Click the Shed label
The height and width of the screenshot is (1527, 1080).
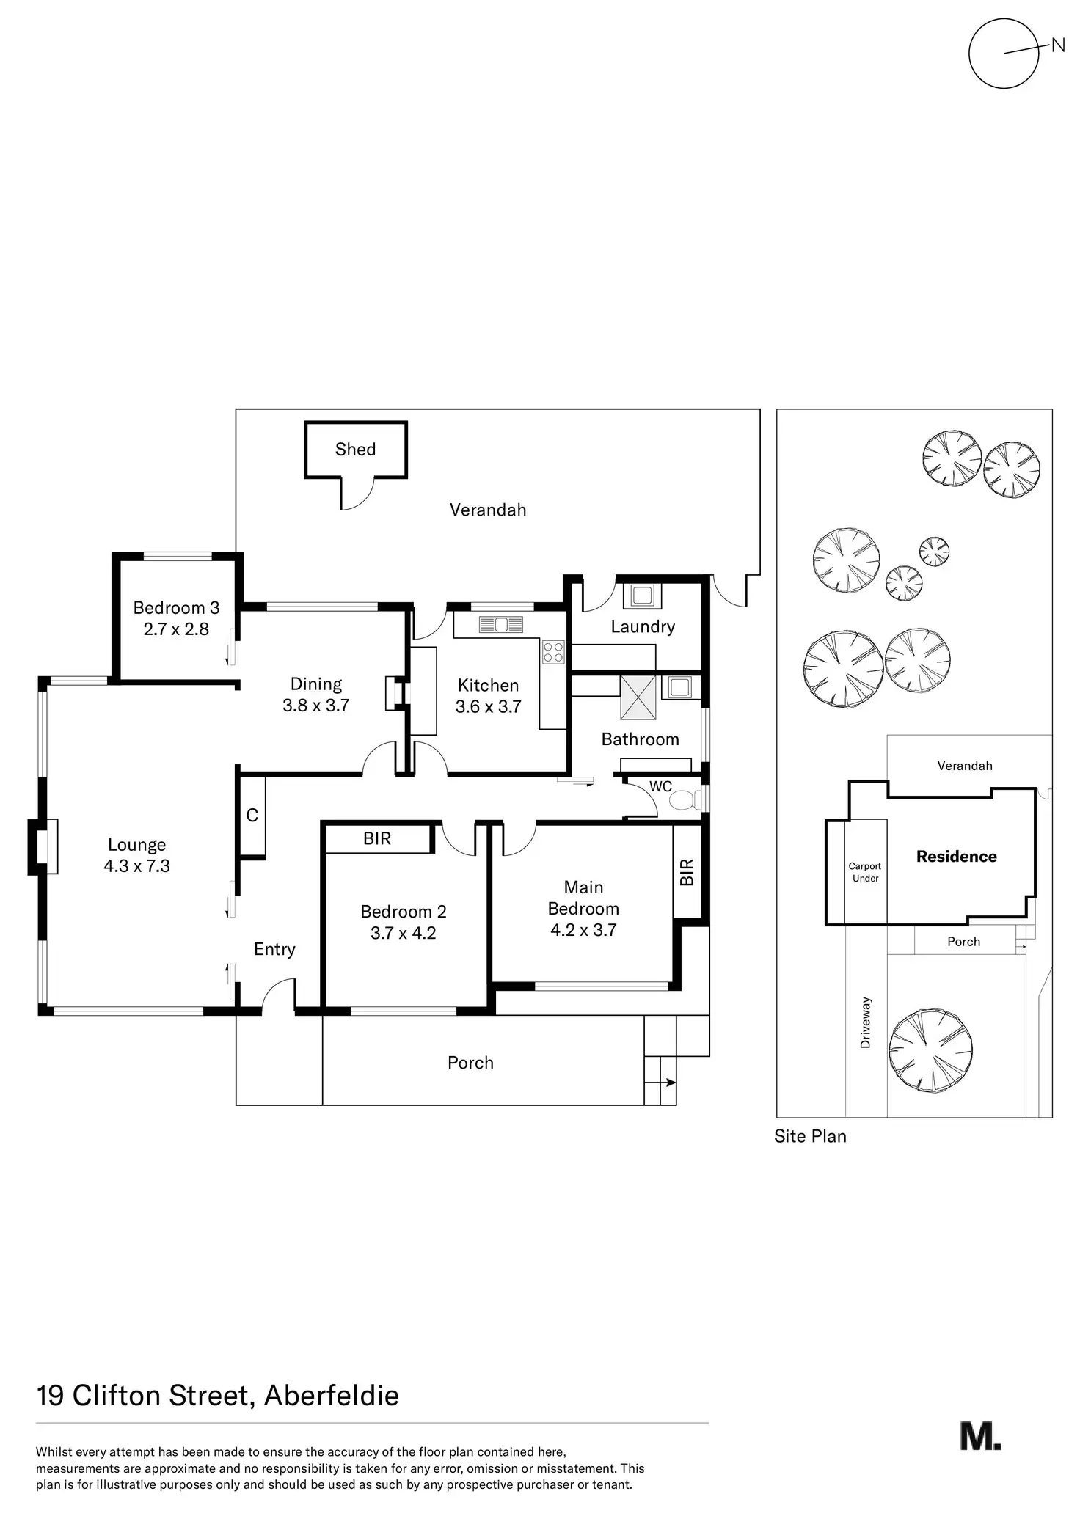tap(355, 450)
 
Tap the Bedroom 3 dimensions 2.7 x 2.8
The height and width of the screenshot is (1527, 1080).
tap(176, 629)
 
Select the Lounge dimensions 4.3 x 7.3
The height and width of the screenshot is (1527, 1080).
tap(136, 866)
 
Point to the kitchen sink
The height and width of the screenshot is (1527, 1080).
tap(501, 625)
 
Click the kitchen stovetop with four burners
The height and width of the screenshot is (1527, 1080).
tap(553, 652)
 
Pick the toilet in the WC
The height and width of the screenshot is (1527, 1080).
tap(684, 799)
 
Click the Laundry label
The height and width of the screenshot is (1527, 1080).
tap(643, 626)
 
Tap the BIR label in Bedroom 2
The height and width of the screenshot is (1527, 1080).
tap(377, 838)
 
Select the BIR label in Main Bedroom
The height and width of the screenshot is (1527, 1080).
tap(687, 872)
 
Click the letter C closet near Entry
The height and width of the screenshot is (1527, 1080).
tap(252, 816)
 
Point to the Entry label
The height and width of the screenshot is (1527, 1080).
tap(274, 949)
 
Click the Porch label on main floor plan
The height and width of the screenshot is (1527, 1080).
tap(470, 1063)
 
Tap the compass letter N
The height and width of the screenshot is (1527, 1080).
tap(1057, 45)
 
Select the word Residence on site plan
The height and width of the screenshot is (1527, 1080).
tap(956, 857)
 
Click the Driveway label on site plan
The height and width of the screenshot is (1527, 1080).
tap(866, 1022)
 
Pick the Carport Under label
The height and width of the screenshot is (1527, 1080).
tap(865, 872)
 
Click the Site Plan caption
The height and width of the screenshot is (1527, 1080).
tap(810, 1136)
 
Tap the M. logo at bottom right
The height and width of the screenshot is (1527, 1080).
tap(980, 1436)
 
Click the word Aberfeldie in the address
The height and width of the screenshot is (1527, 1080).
tap(331, 1395)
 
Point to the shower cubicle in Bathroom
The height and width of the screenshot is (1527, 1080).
tap(638, 697)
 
